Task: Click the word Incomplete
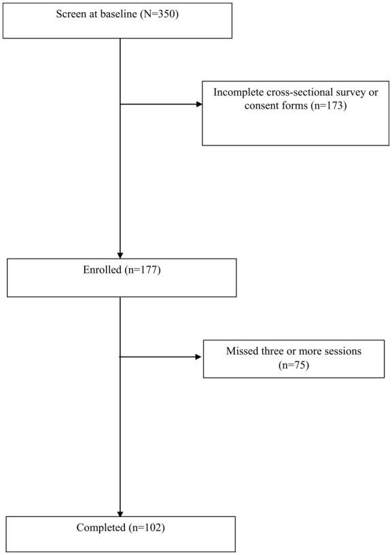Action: pos(236,93)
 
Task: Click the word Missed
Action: pos(242,352)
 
